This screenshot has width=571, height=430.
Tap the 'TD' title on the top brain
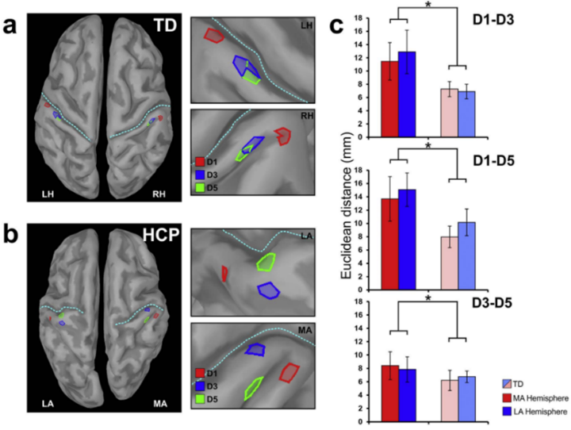coord(164,24)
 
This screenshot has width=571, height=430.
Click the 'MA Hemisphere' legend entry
coord(533,397)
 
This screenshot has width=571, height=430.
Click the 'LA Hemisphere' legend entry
coord(533,412)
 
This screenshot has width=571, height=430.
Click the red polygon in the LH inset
coord(213,35)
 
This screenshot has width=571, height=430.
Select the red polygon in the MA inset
coord(291,371)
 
